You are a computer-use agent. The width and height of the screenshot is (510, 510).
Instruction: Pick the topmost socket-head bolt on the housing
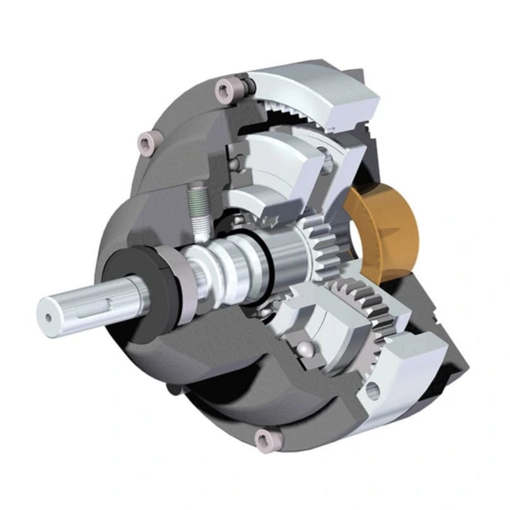(x=223, y=90)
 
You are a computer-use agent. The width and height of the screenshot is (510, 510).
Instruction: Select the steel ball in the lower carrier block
(x=306, y=349)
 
